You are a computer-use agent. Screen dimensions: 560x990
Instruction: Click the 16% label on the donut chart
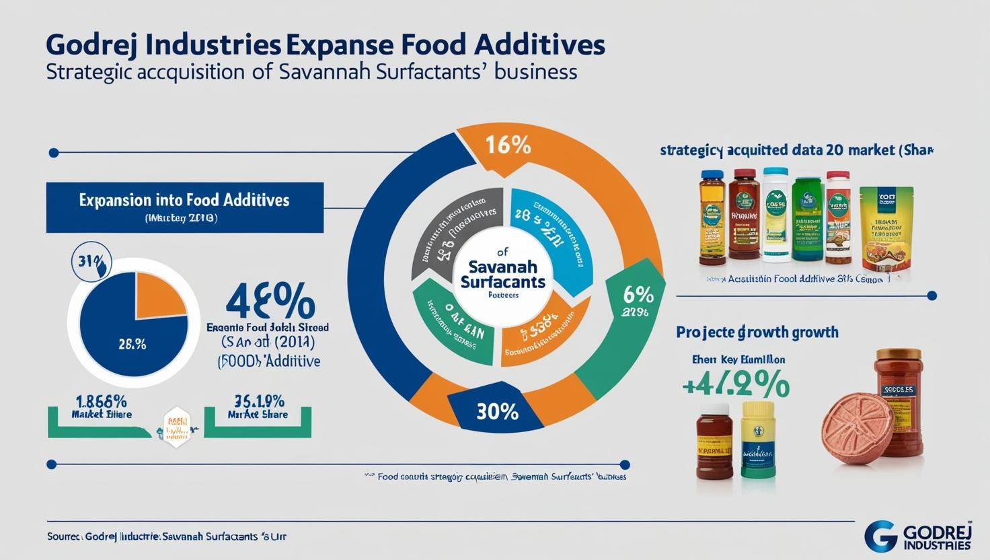tap(508, 146)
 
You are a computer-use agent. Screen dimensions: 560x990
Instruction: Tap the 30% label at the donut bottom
tap(498, 411)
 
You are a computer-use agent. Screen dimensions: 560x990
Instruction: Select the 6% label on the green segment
tap(638, 295)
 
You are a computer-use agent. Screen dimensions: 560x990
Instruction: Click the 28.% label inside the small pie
tap(132, 344)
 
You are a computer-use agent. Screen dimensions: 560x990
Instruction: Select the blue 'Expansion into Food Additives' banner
tap(184, 206)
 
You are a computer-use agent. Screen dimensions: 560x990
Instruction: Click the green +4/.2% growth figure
tap(734, 385)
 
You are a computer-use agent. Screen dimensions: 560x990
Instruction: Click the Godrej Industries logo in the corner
tap(917, 535)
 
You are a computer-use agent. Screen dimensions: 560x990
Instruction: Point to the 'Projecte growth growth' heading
tap(757, 332)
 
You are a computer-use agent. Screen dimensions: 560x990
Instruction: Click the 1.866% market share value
tap(101, 400)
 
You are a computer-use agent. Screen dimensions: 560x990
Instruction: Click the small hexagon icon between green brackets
tap(176, 427)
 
